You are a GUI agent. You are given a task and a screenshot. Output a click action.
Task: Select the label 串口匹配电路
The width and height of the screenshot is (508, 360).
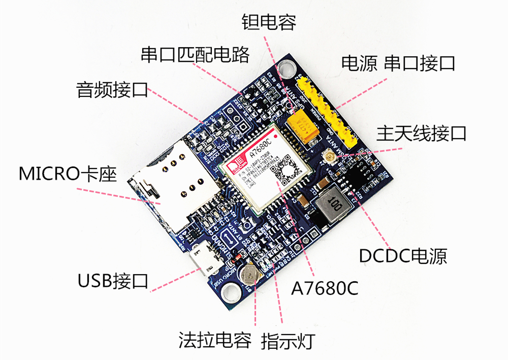tap(196, 54)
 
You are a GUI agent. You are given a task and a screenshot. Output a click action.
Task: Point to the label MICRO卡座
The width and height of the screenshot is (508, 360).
tap(68, 174)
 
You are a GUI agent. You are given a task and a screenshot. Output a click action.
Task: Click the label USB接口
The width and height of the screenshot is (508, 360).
tap(113, 280)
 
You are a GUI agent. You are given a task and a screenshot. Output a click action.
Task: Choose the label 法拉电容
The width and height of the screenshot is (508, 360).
tap(215, 340)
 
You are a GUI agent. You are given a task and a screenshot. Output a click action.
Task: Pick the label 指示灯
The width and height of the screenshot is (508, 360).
tap(288, 340)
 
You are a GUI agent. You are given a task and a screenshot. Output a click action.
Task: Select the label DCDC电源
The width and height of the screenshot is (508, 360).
tap(403, 255)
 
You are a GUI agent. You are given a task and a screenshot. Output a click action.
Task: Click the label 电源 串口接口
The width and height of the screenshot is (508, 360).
tap(398, 63)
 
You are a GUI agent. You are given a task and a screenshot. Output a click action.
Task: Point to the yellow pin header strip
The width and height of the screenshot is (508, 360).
tap(330, 109)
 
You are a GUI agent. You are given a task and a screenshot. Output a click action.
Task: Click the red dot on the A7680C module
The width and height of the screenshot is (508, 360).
tap(274, 136)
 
